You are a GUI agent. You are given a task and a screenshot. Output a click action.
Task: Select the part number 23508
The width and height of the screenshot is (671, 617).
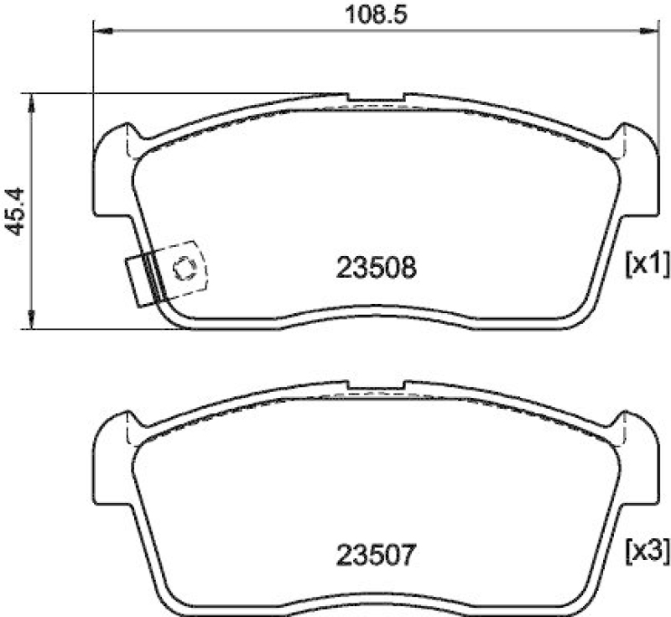coord(377,268)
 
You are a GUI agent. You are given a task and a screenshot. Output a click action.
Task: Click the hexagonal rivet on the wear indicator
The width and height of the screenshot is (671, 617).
coord(185,269)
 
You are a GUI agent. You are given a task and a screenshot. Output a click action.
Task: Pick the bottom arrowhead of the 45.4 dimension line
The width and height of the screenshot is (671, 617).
coord(32,321)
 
